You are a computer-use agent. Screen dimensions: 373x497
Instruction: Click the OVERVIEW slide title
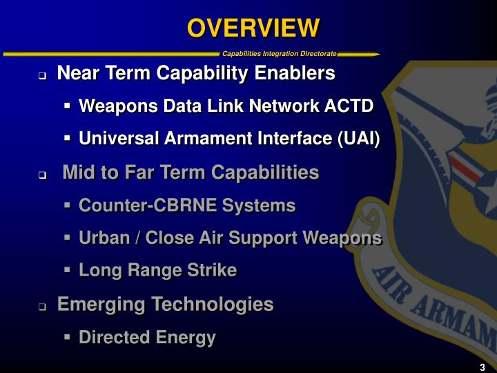(x=253, y=28)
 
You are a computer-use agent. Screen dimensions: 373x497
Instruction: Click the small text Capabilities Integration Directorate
(x=280, y=54)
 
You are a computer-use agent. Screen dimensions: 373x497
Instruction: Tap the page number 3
(x=482, y=367)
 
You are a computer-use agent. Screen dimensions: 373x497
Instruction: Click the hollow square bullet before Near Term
(x=42, y=75)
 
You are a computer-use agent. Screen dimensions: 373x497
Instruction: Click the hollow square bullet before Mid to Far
(x=42, y=175)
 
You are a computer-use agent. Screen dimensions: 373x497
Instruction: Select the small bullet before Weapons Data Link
(x=67, y=106)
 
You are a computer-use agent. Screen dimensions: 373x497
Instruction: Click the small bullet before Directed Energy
(x=67, y=338)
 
